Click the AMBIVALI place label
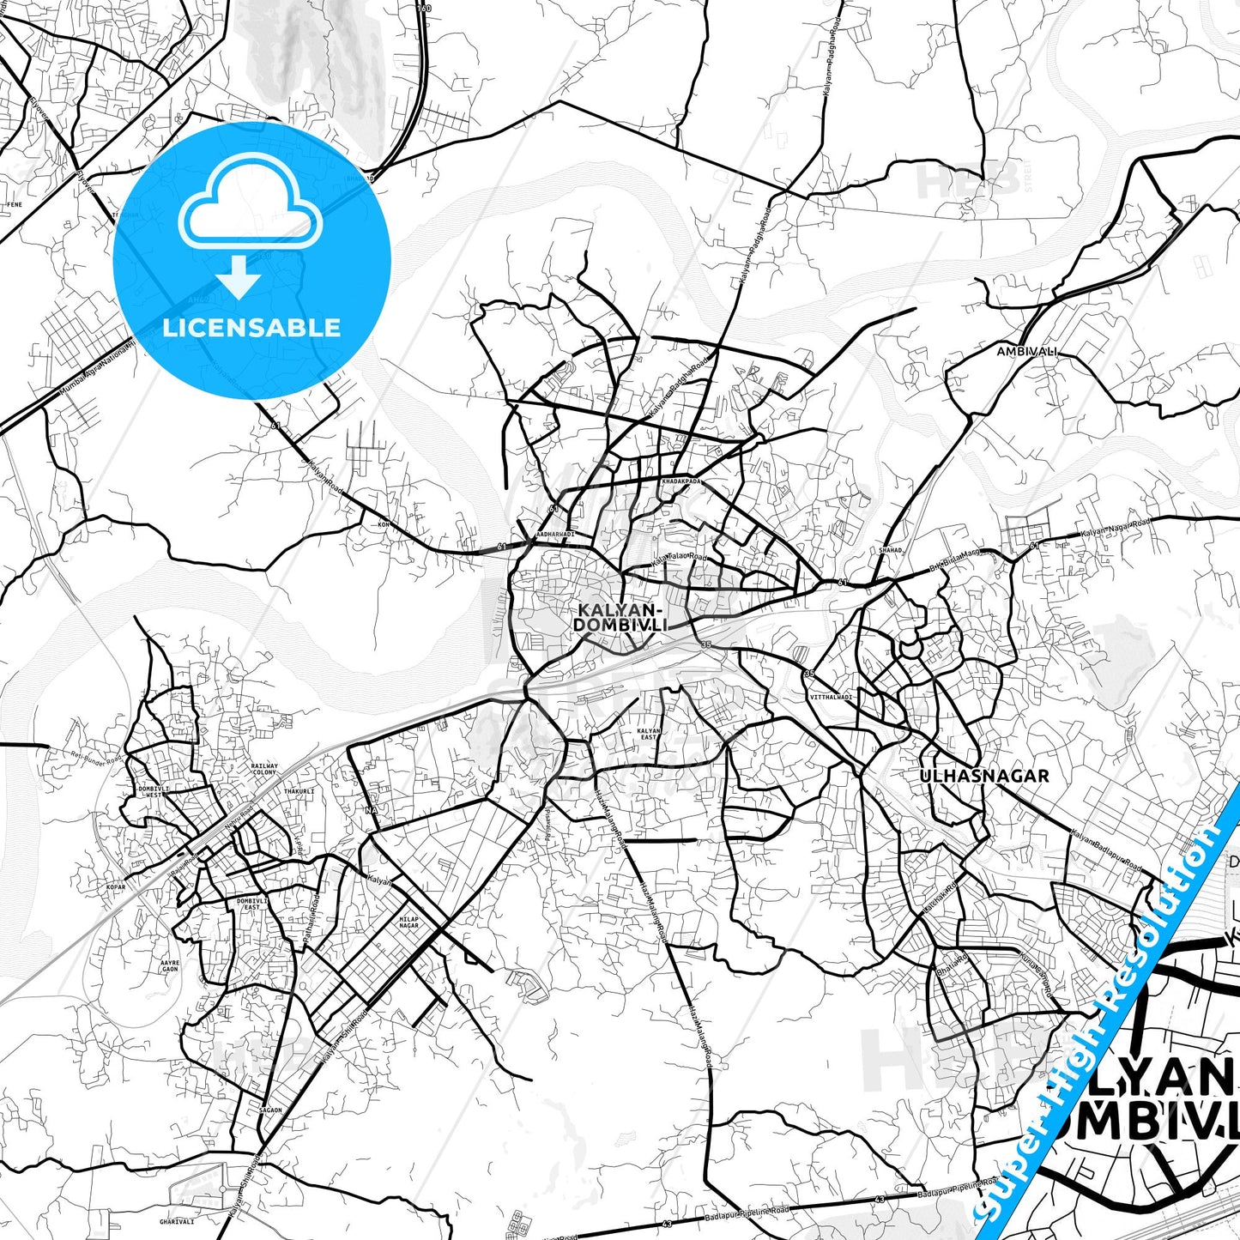(1026, 352)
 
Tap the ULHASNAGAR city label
(984, 776)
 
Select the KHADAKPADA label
(681, 481)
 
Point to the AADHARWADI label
(554, 534)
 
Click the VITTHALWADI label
(831, 697)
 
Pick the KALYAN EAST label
(649, 735)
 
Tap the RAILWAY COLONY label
(264, 769)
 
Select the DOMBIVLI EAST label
(248, 904)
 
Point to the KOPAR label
(116, 886)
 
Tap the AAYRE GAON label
(170, 966)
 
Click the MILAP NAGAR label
(409, 922)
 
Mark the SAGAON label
(270, 1110)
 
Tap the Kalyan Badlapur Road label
(1106, 849)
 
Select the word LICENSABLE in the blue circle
(251, 328)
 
